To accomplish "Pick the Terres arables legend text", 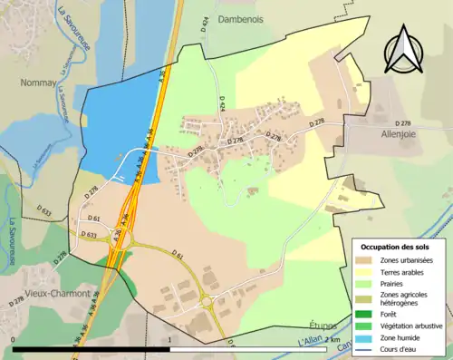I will pyautogui.click(x=400, y=271).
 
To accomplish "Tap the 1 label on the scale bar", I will pyautogui.click(x=170, y=339).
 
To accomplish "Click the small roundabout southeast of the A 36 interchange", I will pyautogui.click(x=207, y=302).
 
